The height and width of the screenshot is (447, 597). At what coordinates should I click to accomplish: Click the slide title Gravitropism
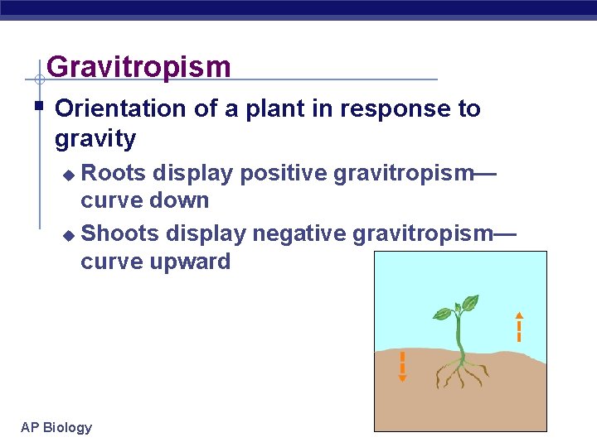click(x=138, y=67)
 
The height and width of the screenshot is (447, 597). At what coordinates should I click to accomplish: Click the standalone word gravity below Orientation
click(x=95, y=138)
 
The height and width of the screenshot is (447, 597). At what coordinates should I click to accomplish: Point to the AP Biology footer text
click(x=56, y=427)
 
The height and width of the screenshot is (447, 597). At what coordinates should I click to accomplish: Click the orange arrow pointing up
click(x=518, y=326)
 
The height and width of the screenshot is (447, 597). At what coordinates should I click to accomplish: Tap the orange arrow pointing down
click(x=402, y=367)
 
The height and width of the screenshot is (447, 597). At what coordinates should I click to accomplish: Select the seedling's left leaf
click(x=443, y=314)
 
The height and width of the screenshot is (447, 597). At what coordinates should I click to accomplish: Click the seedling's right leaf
click(x=470, y=303)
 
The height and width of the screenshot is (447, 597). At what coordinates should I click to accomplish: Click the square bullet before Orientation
click(x=38, y=106)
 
